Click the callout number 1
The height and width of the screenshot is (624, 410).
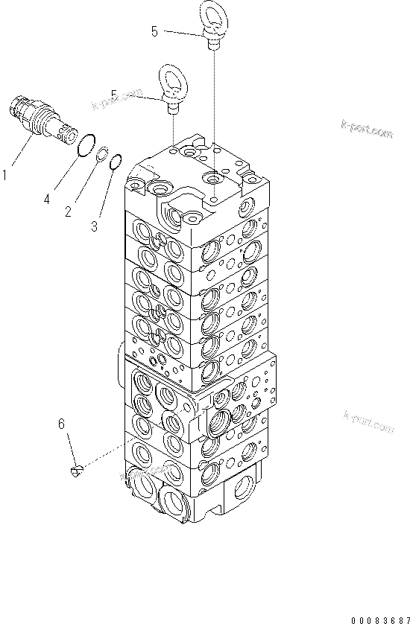tap(6, 176)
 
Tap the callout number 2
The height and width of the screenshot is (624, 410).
tap(68, 212)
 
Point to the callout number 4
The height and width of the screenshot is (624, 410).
tap(47, 199)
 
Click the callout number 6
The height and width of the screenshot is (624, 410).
tap(63, 424)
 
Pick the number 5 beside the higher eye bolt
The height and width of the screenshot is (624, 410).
tap(154, 31)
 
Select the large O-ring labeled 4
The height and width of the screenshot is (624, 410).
tap(87, 145)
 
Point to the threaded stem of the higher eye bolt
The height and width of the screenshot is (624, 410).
tap(213, 44)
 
